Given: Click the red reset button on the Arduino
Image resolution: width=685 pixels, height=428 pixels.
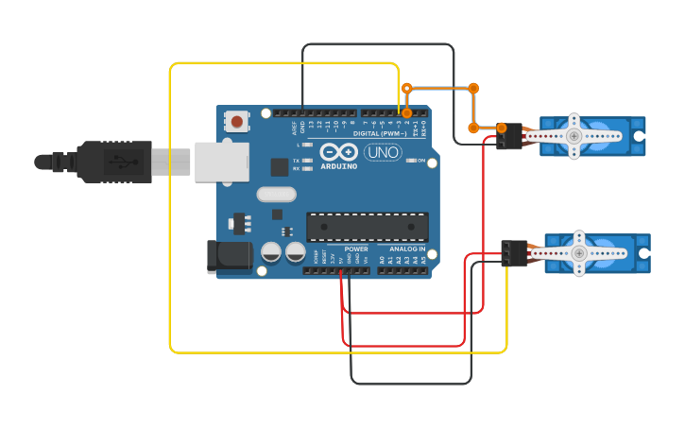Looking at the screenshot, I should point(237,121).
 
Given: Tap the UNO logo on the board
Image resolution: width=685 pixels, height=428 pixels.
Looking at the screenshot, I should point(383,151).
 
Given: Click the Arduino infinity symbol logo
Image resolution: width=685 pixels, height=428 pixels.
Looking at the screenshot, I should point(338,152).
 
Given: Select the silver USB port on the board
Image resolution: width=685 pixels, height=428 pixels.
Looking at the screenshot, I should point(221,161).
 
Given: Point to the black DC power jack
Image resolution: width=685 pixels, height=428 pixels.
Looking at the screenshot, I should point(230,256).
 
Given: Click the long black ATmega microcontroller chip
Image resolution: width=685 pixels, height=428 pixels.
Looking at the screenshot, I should point(367,227).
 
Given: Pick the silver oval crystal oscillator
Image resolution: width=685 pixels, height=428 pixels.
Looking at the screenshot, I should point(275,195).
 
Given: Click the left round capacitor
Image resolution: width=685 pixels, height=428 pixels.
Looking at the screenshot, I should point(271,252).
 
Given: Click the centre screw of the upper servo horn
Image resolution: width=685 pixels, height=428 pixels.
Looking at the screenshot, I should point(574,136).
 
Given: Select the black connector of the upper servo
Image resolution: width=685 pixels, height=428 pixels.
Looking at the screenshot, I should point(510,136).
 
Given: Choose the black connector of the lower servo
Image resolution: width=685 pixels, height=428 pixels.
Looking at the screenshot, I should point(515,252).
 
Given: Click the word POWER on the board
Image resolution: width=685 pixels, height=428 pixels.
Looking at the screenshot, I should point(356,249).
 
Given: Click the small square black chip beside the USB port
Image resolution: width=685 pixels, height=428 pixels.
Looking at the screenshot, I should point(279,167).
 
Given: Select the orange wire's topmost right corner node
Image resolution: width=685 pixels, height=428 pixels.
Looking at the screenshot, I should point(473,88).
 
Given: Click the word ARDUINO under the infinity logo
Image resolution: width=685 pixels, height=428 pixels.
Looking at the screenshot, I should point(338,166).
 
